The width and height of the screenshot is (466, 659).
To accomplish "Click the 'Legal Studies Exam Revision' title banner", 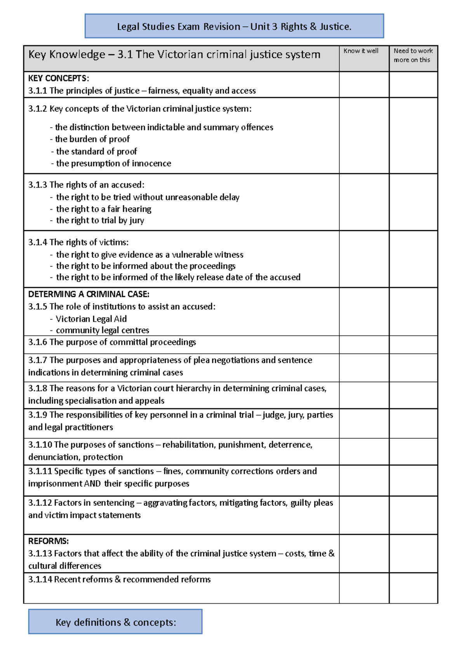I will (x=234, y=26).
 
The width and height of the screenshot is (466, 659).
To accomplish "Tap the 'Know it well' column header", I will (x=361, y=51).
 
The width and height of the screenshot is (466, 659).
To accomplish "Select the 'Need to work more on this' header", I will (x=413, y=55).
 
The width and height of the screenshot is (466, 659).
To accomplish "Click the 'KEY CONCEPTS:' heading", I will (x=59, y=78).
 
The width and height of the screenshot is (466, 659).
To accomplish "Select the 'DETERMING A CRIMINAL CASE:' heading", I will (x=89, y=294).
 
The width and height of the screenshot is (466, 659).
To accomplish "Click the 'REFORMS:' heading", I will (x=49, y=541).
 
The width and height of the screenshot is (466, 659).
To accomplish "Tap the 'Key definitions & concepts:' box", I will (x=115, y=622).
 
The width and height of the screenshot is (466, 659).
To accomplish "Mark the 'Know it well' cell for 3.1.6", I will (x=364, y=345).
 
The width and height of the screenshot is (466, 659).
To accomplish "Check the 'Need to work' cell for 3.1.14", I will (x=413, y=588).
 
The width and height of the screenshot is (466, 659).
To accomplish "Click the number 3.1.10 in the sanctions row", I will (x=40, y=445).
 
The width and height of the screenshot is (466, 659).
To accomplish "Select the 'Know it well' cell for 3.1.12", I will (x=364, y=515).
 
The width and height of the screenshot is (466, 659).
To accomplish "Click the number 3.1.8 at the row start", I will (x=38, y=388).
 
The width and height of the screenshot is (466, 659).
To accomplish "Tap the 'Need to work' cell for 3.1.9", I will (x=413, y=423).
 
